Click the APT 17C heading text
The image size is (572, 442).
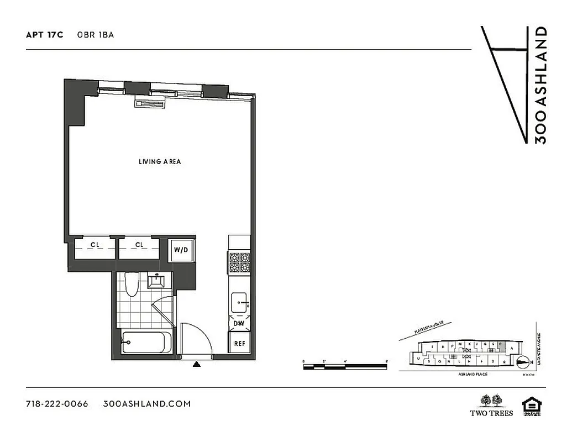tap(45, 35)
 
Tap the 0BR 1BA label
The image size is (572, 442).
tap(100, 35)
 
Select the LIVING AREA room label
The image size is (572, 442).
tap(160, 162)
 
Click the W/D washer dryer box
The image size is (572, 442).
tap(181, 250)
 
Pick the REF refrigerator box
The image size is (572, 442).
tap(240, 343)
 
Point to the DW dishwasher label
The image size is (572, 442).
tap(239, 324)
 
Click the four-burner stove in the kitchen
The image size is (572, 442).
tap(240, 262)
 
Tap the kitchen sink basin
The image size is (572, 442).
tap(239, 303)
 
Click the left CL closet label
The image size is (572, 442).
tap(95, 245)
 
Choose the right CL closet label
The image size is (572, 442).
tap(139, 245)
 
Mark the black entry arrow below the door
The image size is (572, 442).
tap(197, 364)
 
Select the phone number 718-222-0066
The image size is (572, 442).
tap(57, 404)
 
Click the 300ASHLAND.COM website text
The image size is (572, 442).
tap(147, 404)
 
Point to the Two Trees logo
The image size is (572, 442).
tap(491, 405)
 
